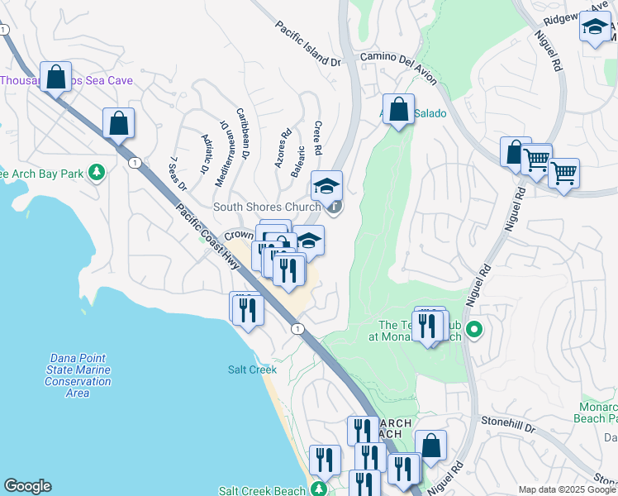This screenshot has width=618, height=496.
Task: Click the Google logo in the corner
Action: coord(27,486)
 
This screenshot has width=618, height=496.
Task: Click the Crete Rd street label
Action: coord(318,137)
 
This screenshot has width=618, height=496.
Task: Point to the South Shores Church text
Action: coord(268,207)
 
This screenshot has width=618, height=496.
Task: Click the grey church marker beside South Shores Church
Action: coord(334,207)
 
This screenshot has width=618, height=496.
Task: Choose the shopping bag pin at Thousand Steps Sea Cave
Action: coord(55,79)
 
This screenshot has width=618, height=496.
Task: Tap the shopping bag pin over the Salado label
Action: coord(398,109)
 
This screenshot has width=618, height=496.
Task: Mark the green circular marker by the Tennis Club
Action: coord(473,331)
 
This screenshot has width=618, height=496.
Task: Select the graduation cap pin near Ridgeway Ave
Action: coord(595,27)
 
